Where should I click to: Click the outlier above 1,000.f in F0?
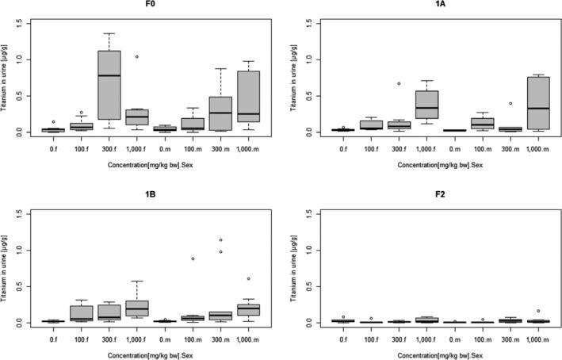137,56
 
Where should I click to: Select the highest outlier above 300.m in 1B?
221,239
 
